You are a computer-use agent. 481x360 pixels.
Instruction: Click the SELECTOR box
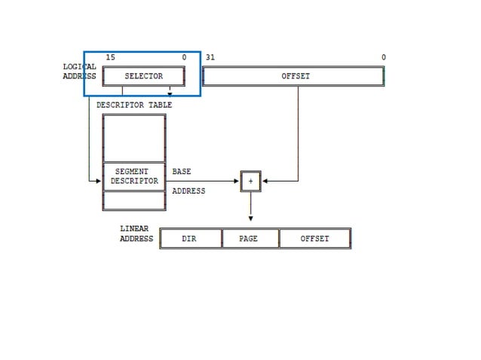143,76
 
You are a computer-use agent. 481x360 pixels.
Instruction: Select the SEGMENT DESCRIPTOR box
134,176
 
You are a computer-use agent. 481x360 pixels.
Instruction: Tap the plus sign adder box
250,181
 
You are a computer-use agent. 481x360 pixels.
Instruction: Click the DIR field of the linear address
189,239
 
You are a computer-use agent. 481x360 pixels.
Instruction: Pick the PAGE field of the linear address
249,239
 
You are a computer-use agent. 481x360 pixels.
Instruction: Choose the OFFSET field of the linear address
314,239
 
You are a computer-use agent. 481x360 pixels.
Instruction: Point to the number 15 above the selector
110,58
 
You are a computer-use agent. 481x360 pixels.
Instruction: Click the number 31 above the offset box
210,58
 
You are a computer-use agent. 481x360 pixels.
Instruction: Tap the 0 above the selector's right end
184,58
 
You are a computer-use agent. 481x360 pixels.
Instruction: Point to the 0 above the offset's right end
383,58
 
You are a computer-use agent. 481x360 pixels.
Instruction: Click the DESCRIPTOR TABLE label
134,105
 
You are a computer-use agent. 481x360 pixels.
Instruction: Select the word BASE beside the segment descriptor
182,172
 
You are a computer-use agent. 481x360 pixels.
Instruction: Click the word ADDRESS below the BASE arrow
188,191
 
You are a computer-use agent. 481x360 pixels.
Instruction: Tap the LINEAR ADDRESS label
136,233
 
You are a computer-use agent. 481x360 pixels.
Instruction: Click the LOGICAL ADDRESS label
79,71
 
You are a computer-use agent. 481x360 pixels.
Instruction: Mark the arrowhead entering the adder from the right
265,181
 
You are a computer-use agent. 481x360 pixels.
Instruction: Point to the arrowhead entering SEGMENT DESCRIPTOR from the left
99,181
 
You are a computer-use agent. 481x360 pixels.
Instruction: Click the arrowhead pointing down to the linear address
250,219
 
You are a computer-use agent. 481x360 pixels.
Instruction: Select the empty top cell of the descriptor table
134,138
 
